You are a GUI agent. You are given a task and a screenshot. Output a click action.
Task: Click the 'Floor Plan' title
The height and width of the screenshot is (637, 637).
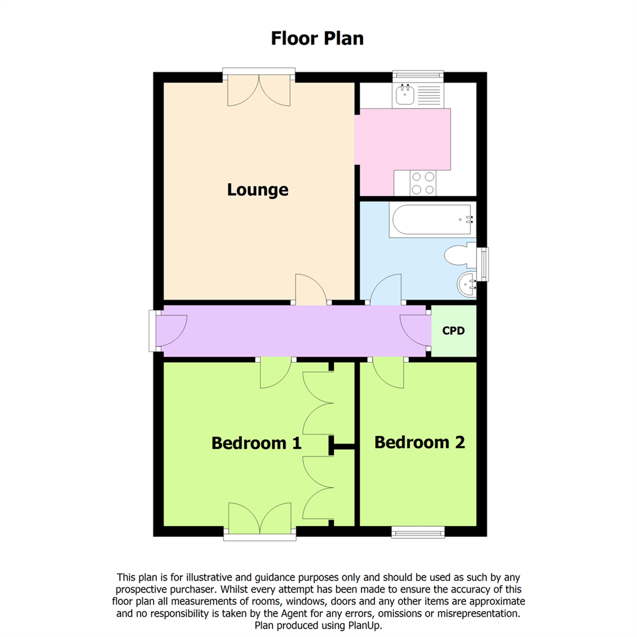317,38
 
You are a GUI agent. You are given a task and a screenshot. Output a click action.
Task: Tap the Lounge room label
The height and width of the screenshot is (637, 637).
258,190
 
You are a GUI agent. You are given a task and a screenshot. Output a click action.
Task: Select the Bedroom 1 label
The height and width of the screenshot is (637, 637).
257,442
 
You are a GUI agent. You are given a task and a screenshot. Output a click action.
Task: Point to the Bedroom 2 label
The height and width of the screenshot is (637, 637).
419,442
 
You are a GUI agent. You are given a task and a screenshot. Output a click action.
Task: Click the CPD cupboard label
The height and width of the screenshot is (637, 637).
454,331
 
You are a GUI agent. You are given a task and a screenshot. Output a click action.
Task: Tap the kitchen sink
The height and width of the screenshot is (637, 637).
405,94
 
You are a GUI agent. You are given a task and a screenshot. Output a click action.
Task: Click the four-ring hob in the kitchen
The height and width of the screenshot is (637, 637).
423,183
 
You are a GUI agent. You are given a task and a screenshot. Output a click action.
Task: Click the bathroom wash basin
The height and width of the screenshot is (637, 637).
467,285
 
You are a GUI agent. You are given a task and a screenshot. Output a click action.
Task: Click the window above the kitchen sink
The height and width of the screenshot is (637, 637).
418,75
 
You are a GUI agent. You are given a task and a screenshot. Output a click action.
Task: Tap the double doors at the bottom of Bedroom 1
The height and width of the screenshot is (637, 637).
259,519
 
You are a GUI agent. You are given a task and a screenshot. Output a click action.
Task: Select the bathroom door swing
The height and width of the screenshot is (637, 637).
386,290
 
